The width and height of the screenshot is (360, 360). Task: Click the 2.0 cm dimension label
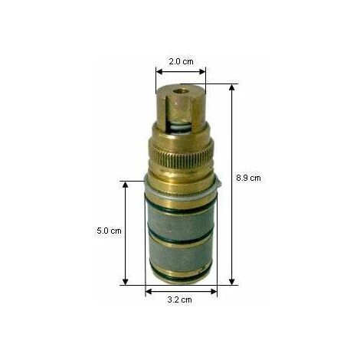[x=181, y=61]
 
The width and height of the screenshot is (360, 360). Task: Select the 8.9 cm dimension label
[x=248, y=178]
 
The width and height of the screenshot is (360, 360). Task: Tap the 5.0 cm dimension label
[x=109, y=231]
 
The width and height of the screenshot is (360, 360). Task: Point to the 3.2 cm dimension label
[x=179, y=299]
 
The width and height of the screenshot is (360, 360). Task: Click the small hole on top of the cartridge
[x=182, y=91]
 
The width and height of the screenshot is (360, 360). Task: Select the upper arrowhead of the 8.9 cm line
[x=231, y=88]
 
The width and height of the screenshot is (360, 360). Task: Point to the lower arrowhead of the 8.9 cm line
[x=231, y=281]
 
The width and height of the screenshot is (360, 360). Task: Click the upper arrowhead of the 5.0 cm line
[x=125, y=185]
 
